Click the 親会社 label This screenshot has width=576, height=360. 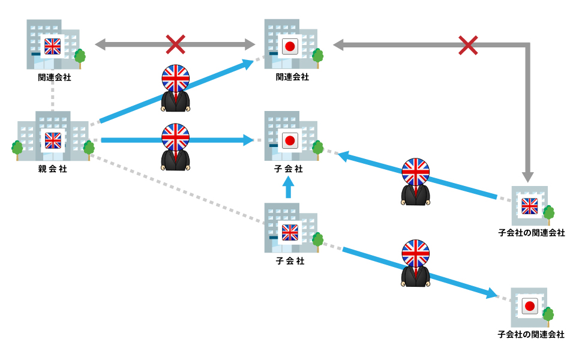point(53,169)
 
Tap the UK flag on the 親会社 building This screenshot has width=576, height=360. point(53,140)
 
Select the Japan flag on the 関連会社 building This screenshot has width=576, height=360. point(291,46)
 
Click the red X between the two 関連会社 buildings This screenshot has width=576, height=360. point(175,44)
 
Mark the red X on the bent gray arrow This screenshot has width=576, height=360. point(468,44)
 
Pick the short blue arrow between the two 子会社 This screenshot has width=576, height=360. point(289,190)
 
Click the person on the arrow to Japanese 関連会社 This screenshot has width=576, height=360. point(175,88)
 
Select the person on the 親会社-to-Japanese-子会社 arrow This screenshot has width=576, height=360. point(175,147)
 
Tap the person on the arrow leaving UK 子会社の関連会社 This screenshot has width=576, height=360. point(415,182)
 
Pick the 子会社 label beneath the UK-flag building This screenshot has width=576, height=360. point(290,261)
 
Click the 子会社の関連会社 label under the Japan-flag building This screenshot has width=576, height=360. point(531,334)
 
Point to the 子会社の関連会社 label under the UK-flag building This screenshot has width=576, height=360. point(532,233)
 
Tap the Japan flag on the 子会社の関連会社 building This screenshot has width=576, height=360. point(529,306)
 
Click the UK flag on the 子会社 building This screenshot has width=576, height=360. point(290,232)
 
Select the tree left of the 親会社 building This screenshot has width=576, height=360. point(17,148)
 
